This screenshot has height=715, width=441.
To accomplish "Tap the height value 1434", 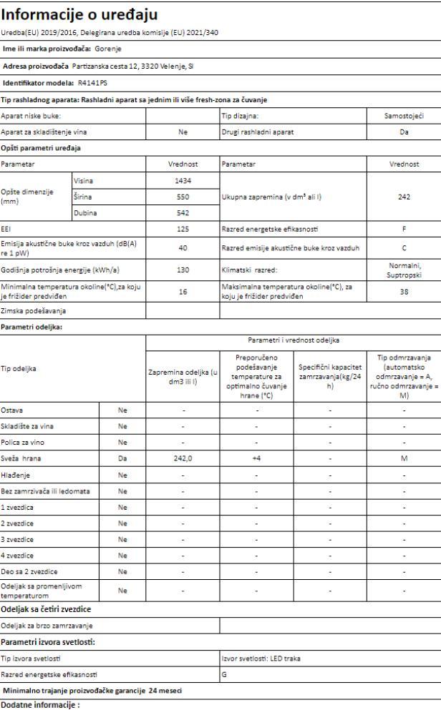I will pyautogui.click(x=182, y=182).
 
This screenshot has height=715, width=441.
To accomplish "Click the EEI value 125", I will pyautogui.click(x=182, y=227).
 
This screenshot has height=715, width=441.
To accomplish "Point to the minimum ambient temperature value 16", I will pyautogui.click(x=182, y=291).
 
